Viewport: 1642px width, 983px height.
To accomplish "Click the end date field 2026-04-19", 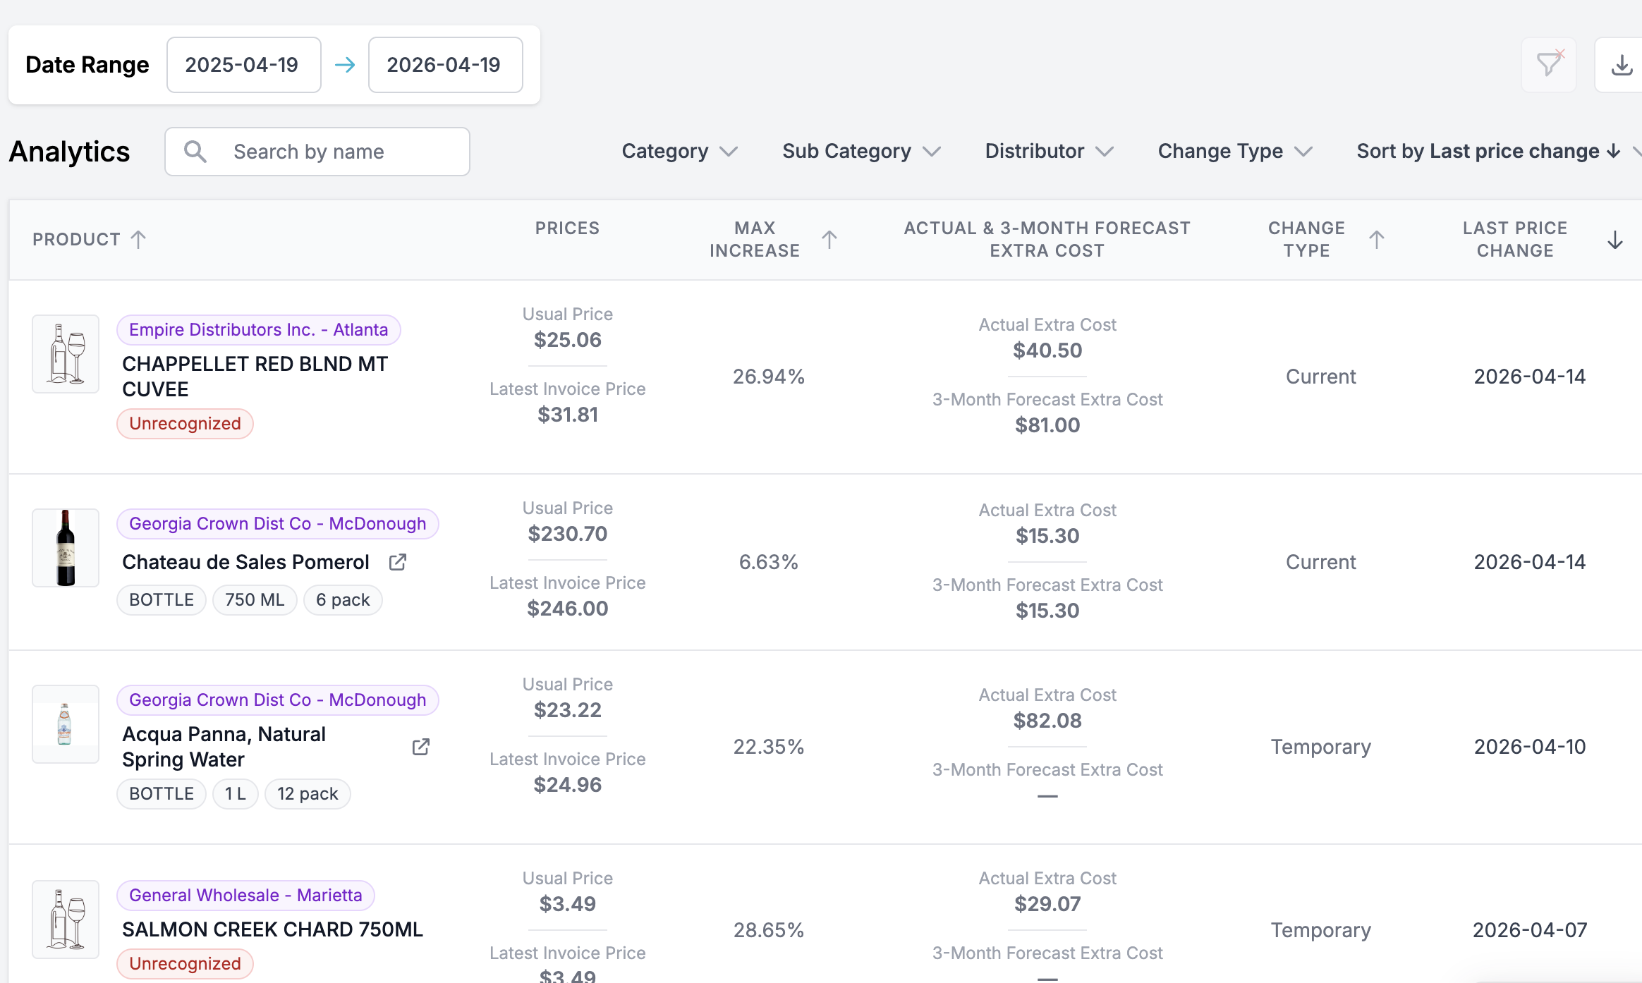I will point(445,65).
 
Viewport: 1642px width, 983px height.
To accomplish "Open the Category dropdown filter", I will point(679,152).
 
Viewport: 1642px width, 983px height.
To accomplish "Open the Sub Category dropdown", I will point(861,152).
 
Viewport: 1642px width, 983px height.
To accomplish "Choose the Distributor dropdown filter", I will point(1049,152).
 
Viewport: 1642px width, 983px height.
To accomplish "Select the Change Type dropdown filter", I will point(1234,152).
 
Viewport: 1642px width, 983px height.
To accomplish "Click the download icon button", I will point(1622,66).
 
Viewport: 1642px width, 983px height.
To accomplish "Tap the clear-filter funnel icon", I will point(1549,65).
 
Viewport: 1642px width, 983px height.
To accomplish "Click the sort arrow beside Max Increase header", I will point(829,240).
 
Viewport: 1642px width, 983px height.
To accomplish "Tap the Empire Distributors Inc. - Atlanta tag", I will point(258,330).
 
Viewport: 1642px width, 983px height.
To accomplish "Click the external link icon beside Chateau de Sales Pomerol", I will point(398,562).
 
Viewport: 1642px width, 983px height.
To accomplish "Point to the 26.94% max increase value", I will point(768,377).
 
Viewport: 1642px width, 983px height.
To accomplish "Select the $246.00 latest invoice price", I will point(567,609).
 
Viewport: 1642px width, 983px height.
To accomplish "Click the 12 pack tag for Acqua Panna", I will point(307,794).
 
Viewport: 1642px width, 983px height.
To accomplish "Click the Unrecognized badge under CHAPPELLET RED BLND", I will point(185,424).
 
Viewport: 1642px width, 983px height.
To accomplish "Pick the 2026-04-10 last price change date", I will point(1529,747).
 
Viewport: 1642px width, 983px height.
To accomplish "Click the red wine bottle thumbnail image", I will point(66,548).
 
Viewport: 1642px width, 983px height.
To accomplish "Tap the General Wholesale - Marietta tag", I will point(245,896).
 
